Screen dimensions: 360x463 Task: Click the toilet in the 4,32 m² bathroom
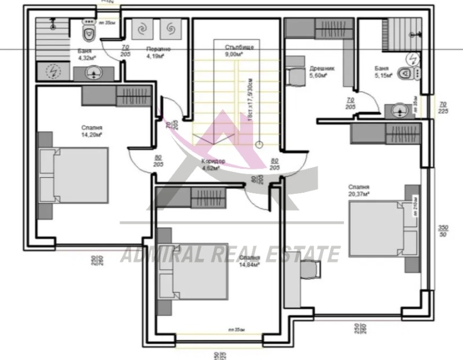[89, 33]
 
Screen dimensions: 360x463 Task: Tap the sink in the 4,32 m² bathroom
[93, 72]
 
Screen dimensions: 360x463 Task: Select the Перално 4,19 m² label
[156, 53]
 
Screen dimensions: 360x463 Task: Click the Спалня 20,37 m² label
[359, 190]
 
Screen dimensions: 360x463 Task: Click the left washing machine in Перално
[143, 28]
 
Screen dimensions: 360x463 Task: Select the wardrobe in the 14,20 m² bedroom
[116, 96]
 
